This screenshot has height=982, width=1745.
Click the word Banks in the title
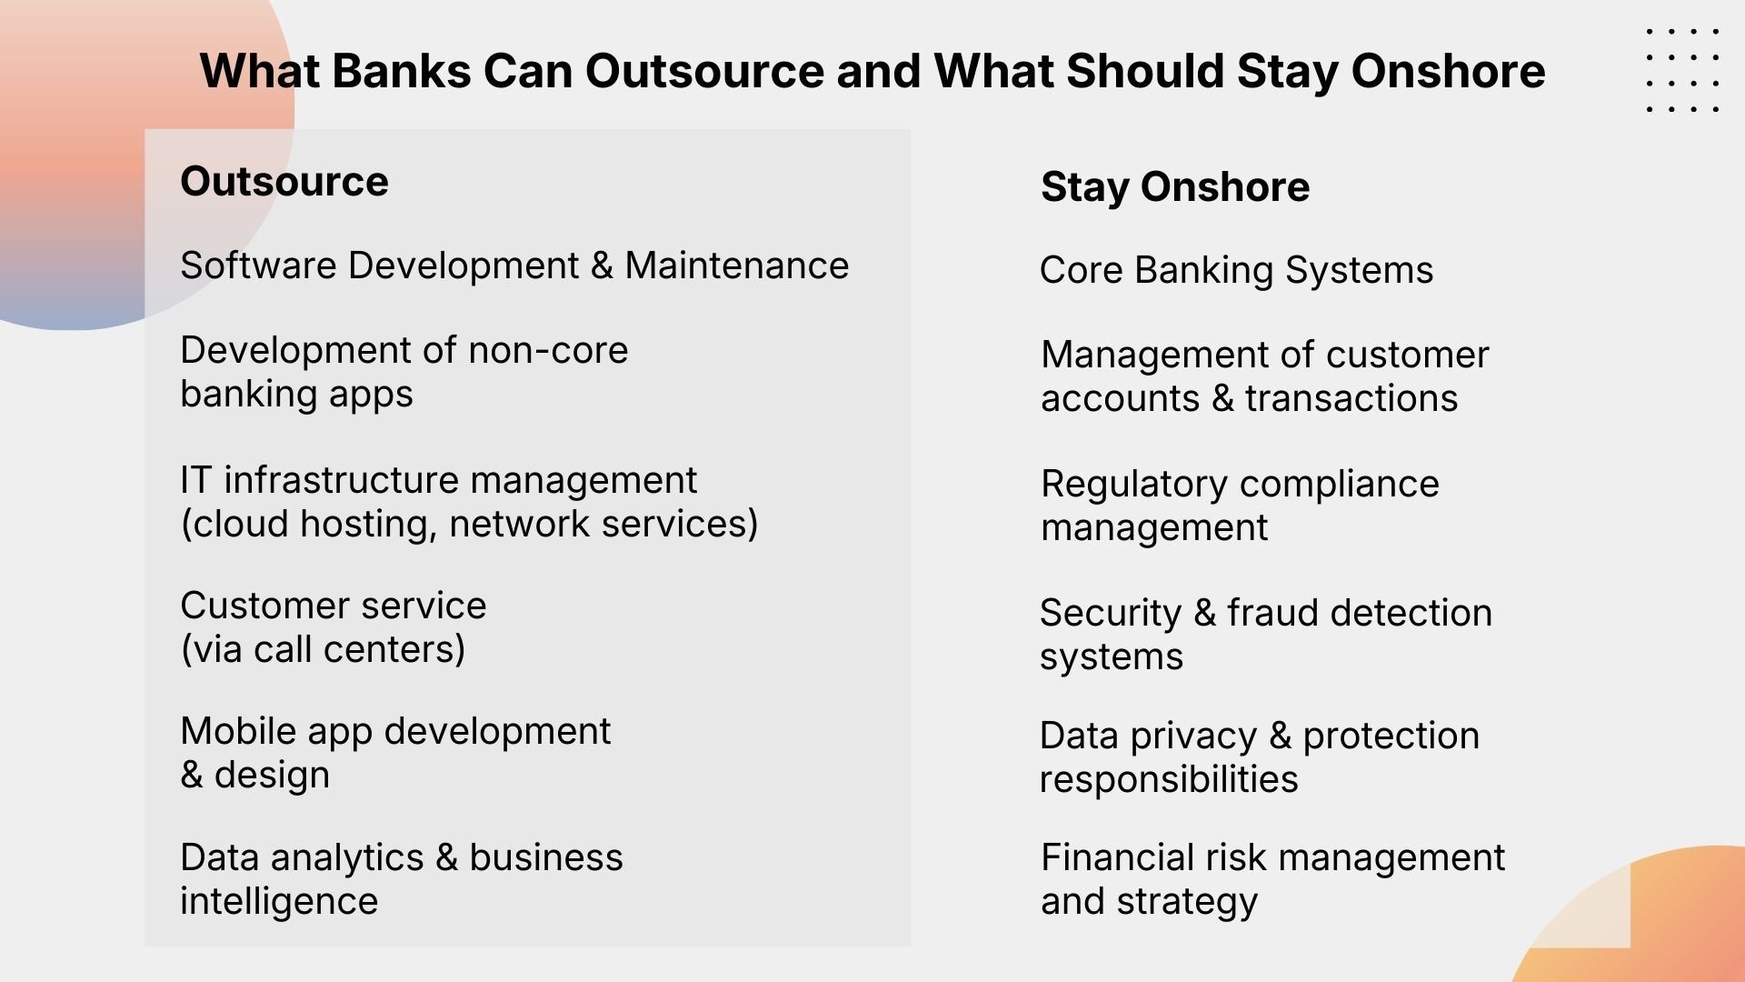400,71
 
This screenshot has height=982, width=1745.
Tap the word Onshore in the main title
1448,71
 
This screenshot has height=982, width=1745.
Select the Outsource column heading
284,182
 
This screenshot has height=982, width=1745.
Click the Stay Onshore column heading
1175,187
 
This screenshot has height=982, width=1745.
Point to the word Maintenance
737,266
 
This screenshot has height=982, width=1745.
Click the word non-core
549,351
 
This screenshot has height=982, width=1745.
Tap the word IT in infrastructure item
195,481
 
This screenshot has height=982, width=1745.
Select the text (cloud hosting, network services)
469,525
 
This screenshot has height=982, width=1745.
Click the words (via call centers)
323,650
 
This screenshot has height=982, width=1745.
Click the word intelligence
279,902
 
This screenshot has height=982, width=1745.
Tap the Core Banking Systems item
1236,271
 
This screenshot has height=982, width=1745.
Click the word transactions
1351,399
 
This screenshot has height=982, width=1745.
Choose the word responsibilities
1169,780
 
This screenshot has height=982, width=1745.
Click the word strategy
1187,902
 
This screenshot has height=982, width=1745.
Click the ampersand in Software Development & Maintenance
602,266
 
